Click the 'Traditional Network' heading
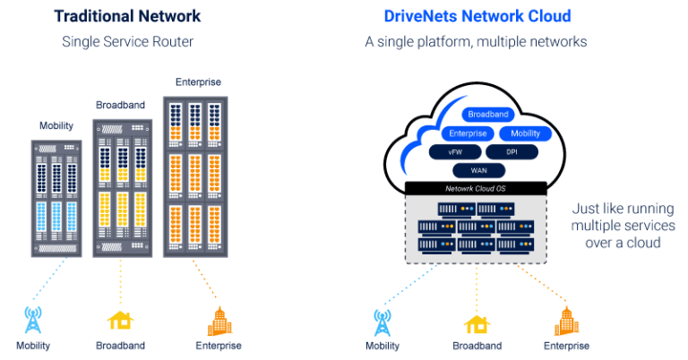click(x=127, y=16)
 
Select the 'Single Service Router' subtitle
click(x=127, y=42)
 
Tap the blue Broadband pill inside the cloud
click(x=488, y=115)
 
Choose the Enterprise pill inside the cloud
click(x=467, y=133)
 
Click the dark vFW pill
click(x=455, y=152)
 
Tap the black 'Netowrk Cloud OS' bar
click(x=476, y=188)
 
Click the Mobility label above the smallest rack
click(x=56, y=126)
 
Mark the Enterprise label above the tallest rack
click(x=196, y=82)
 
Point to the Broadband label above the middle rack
click(x=120, y=105)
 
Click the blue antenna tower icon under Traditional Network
click(x=33, y=320)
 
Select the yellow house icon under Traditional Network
click(x=120, y=321)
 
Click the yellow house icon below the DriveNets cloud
click(x=477, y=322)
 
